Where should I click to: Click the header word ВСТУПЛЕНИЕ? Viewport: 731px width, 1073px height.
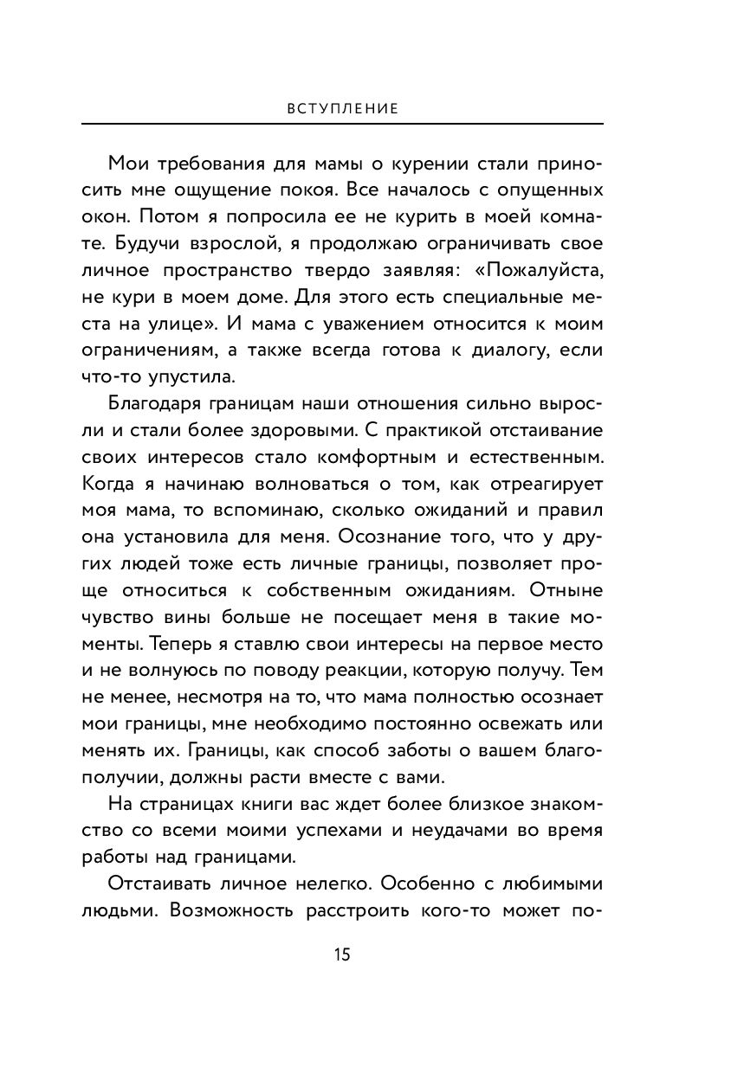point(342,110)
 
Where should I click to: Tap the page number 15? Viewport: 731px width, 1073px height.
point(342,955)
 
